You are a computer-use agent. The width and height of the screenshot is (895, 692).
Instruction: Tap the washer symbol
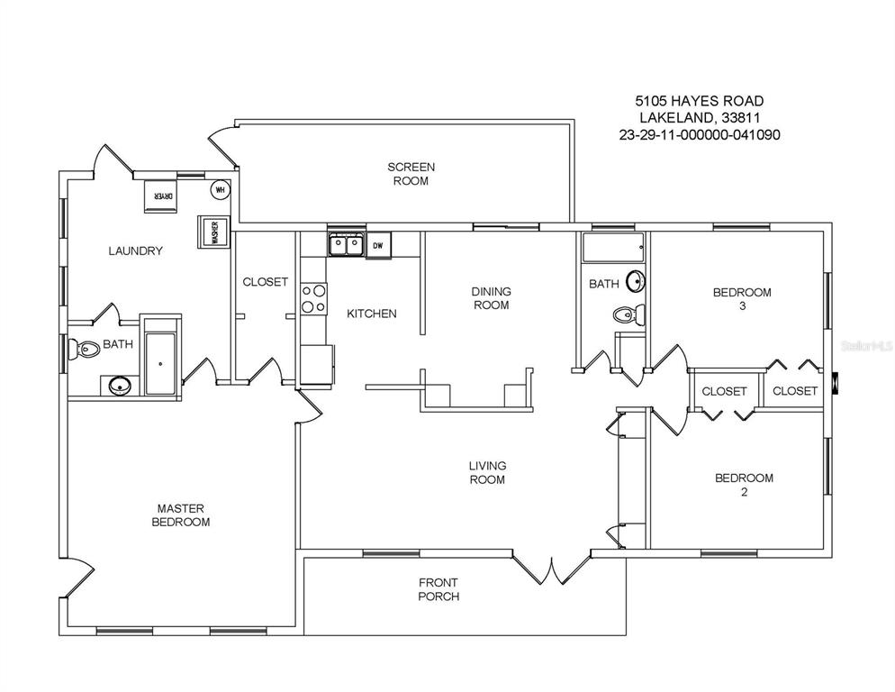[x=213, y=232]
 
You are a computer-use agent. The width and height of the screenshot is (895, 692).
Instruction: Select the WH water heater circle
[x=221, y=189]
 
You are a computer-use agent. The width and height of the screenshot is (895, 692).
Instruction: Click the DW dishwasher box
[x=378, y=246]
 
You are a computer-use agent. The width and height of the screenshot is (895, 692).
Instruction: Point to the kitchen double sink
[x=347, y=246]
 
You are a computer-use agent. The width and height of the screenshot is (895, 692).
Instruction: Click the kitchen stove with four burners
[x=314, y=299]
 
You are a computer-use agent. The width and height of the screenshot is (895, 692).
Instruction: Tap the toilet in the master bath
[x=84, y=349]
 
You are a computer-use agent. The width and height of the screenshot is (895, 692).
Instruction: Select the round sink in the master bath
[x=119, y=387]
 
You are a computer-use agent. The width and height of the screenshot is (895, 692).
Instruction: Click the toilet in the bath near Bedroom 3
[x=629, y=314]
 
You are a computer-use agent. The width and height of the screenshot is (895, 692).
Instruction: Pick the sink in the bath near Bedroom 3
[x=636, y=281]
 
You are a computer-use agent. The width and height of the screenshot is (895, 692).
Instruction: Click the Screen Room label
[x=411, y=174]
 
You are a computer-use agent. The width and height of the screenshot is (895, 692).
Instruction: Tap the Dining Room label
[x=491, y=298]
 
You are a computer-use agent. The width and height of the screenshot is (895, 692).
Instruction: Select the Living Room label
[x=487, y=472]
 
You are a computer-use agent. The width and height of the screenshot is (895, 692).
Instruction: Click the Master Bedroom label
[x=180, y=514]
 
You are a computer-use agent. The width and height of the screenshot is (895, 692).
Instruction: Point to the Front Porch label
[x=438, y=589]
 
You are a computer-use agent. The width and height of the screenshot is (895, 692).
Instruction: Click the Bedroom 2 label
[x=745, y=485]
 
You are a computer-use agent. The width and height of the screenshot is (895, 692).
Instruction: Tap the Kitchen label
[x=372, y=314]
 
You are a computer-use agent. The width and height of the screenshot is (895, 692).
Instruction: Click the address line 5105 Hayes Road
[x=700, y=101]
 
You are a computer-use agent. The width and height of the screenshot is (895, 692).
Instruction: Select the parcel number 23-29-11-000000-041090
[x=700, y=135]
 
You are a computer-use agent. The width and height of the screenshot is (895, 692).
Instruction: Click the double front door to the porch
[x=551, y=569]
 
